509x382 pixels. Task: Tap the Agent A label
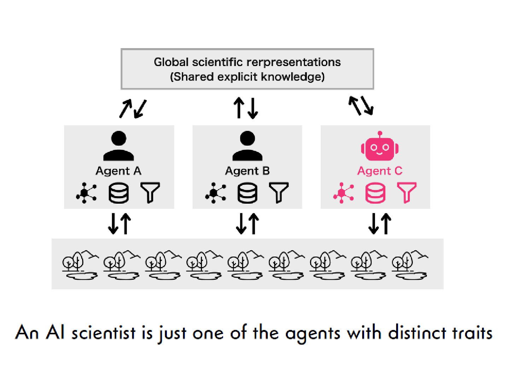(118, 171)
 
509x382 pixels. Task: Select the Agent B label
(247, 171)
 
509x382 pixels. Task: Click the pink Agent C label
(380, 171)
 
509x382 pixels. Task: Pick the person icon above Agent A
(119, 146)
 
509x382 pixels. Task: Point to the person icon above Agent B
(247, 146)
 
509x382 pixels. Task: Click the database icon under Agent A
(118, 193)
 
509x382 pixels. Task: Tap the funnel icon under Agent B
(279, 192)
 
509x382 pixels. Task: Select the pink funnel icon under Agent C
(406, 192)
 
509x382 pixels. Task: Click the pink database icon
(375, 193)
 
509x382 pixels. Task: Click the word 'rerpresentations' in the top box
(293, 62)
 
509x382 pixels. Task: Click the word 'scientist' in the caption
(103, 333)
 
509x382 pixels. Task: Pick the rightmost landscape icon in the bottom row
(410, 265)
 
